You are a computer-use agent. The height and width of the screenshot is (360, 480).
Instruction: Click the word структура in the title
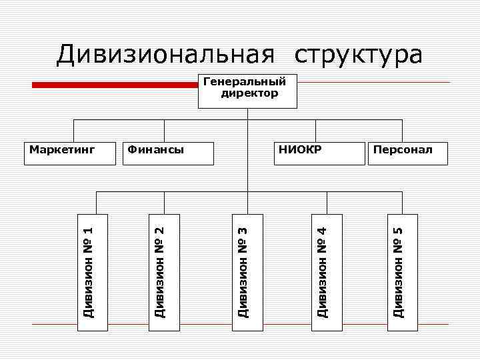358,55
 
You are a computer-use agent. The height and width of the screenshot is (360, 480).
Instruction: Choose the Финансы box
169,152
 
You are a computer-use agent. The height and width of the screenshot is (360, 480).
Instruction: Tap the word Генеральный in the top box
244,82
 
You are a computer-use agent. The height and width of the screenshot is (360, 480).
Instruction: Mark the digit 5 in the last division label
398,231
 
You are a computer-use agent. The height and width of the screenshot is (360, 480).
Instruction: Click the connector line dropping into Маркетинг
72,131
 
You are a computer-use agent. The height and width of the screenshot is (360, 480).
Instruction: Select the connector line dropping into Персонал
402,131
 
